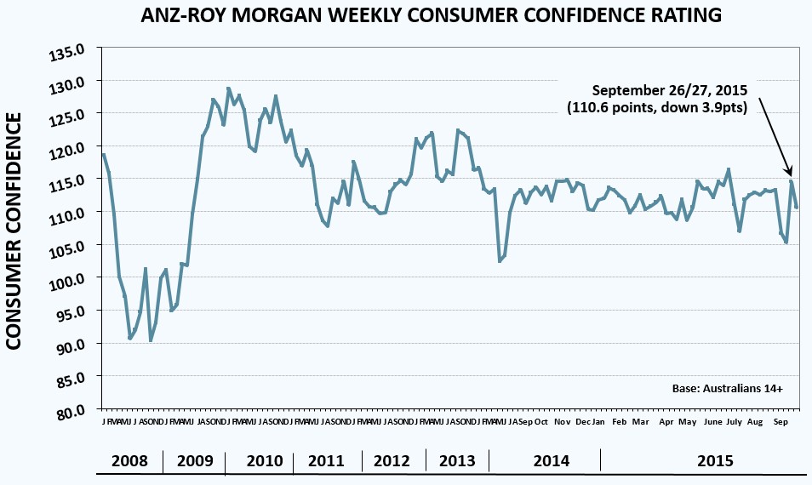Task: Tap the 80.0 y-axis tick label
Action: coord(71,412)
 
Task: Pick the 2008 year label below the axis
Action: coord(129,461)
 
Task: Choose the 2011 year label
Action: coord(326,461)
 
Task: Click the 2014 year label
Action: coord(551,461)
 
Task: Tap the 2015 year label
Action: coord(714,461)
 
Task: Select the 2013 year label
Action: coord(457,461)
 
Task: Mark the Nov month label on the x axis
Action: coord(562,422)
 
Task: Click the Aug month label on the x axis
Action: coord(754,422)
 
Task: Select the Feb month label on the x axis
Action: coord(619,422)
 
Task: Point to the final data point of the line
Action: coord(797,208)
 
